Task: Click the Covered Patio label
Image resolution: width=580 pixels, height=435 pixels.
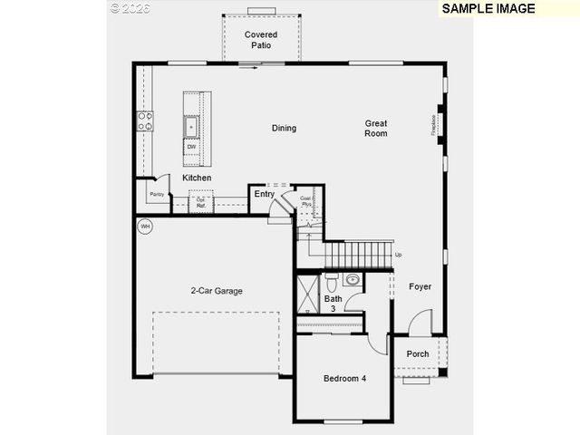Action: [261, 40]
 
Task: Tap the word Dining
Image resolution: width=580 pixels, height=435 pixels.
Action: [284, 128]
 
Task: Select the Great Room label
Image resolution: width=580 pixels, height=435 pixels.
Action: [376, 128]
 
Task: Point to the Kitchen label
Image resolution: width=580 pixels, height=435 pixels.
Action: [197, 178]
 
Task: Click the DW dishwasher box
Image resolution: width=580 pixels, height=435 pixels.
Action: [192, 147]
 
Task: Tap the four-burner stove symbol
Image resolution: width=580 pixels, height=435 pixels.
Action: [145, 121]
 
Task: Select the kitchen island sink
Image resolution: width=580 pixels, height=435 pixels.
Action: [191, 125]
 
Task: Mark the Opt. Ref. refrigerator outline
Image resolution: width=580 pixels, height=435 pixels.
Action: [200, 202]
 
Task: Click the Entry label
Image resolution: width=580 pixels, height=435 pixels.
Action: [264, 194]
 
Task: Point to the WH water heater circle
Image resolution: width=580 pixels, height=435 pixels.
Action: [145, 227]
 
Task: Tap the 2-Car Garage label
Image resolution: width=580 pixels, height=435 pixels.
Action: [217, 291]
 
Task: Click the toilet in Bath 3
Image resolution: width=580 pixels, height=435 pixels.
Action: [332, 279]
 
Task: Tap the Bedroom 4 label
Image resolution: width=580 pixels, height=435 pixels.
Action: [344, 379]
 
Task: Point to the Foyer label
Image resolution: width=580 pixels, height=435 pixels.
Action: [420, 286]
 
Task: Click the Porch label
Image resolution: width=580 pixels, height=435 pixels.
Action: [418, 354]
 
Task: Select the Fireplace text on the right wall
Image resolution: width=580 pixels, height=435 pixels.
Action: [434, 124]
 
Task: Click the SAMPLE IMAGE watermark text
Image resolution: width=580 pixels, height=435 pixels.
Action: [488, 8]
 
